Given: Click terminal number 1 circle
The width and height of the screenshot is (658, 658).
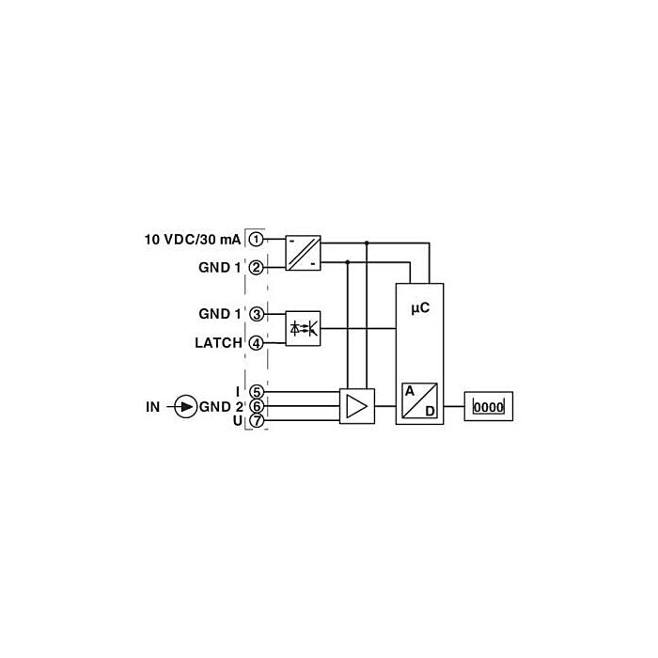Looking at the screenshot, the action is [x=256, y=240].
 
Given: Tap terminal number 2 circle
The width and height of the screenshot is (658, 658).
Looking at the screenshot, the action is [x=256, y=268].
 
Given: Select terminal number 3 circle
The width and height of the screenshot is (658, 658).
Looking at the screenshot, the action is [x=257, y=314].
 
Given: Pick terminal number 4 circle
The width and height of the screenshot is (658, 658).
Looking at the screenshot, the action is [x=257, y=343].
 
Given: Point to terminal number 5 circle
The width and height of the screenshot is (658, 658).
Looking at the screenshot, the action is [x=257, y=392].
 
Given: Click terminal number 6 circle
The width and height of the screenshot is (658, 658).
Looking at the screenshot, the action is [x=257, y=406].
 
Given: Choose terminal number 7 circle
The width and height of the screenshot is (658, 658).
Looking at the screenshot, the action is [x=257, y=420].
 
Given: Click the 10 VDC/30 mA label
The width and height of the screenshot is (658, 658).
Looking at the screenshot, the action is [x=193, y=240].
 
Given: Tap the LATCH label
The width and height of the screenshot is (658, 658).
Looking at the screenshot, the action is [x=219, y=343].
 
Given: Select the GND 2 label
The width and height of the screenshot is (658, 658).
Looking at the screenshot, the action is [x=221, y=407].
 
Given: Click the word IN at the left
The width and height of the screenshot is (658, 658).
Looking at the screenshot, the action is [x=152, y=407].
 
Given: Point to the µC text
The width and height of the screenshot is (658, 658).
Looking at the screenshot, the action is [x=420, y=308].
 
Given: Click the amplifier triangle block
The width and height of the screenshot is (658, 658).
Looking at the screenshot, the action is [x=356, y=406].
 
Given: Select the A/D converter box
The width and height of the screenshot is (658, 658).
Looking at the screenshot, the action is [x=419, y=400].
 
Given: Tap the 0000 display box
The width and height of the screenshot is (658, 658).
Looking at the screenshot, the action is [x=489, y=406].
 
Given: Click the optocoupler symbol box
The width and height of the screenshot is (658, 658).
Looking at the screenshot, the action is [x=303, y=329].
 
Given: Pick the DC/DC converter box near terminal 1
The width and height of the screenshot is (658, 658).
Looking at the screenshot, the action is [x=303, y=253].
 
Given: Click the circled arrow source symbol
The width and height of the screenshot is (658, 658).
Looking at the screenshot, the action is [x=185, y=406].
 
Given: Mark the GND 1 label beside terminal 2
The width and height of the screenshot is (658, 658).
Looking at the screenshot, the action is [x=220, y=268].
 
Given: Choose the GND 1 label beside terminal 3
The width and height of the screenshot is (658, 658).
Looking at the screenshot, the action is [x=220, y=314].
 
